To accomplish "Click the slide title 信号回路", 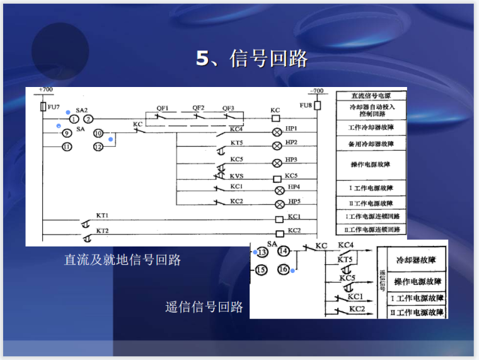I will coord(251,59).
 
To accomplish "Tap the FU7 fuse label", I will coord(54,107).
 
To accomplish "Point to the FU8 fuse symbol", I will coord(318,105).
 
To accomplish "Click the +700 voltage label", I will coord(45,90).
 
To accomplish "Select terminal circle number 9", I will coord(66,133).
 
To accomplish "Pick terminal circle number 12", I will coord(98,147).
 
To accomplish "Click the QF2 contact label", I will coord(199,108).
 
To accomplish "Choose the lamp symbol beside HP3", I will coord(275,162).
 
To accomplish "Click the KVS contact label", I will coord(237,175).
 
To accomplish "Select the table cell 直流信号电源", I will coord(370,96).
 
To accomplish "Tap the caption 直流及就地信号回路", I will coord(122,259).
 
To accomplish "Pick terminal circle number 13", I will coord(262,252).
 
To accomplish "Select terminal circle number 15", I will coord(262,270).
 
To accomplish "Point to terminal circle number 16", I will coord(284,270).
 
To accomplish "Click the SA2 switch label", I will coord(81,110).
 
